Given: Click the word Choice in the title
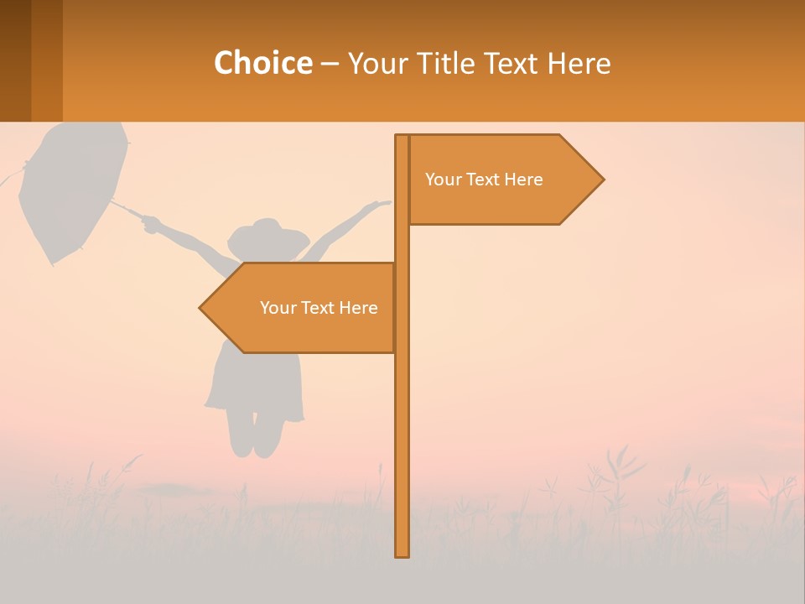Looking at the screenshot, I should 262,63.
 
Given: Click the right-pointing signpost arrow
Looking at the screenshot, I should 503,180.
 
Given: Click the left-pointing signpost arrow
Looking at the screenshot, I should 302,308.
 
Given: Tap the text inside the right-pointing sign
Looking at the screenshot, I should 484,180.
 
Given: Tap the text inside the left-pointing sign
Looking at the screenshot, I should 319,308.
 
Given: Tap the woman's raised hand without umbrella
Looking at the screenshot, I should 382,203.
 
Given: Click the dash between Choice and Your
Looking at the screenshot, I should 330,64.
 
